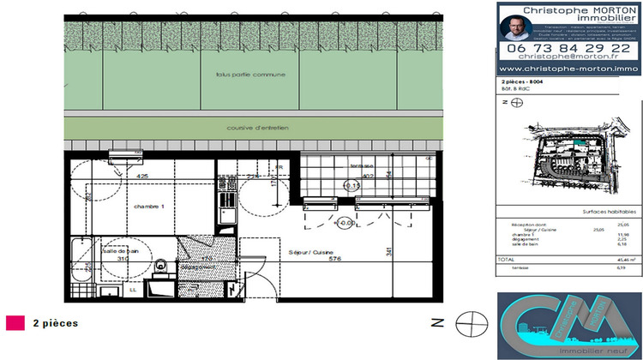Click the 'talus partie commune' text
pyautogui.click(x=250, y=75)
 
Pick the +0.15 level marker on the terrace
pyautogui.click(x=351, y=185)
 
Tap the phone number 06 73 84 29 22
pyautogui.click(x=568, y=48)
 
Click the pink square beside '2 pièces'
pyautogui.click(x=15, y=323)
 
